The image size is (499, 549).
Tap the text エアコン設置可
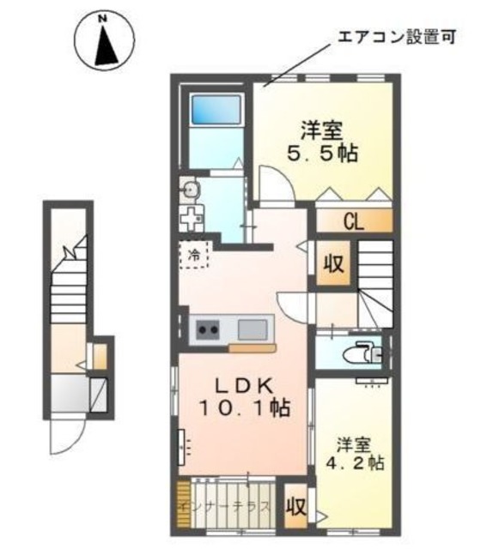click(392, 37)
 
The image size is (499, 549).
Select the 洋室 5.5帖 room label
click(322, 143)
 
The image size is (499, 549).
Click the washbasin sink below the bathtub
click(191, 189)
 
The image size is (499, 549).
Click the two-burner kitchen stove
click(210, 328)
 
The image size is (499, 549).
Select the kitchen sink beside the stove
click(253, 328)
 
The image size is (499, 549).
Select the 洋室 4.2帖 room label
click(357, 453)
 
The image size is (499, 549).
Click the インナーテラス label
click(225, 505)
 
